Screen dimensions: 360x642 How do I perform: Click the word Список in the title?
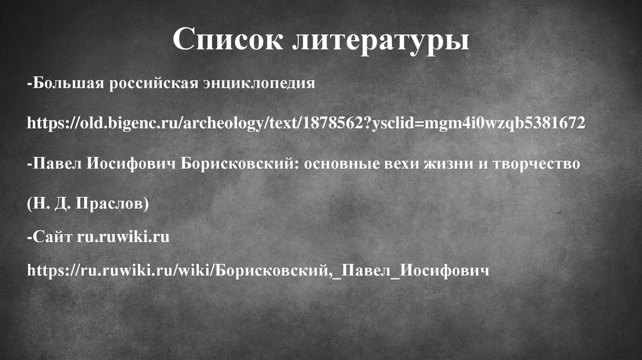(x=226, y=40)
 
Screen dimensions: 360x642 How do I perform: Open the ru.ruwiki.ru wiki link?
(x=257, y=272)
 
